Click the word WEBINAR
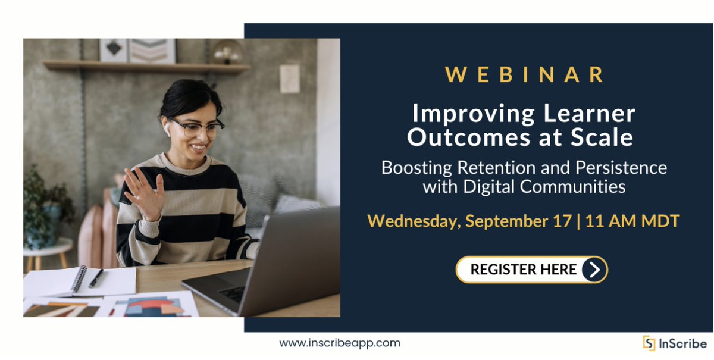click(525, 74)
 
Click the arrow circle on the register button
click(594, 270)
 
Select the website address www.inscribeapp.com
click(340, 343)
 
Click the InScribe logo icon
click(649, 343)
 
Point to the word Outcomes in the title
click(462, 137)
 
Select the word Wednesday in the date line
click(414, 221)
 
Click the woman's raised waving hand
click(143, 193)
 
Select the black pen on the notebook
click(96, 278)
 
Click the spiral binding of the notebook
click(79, 279)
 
